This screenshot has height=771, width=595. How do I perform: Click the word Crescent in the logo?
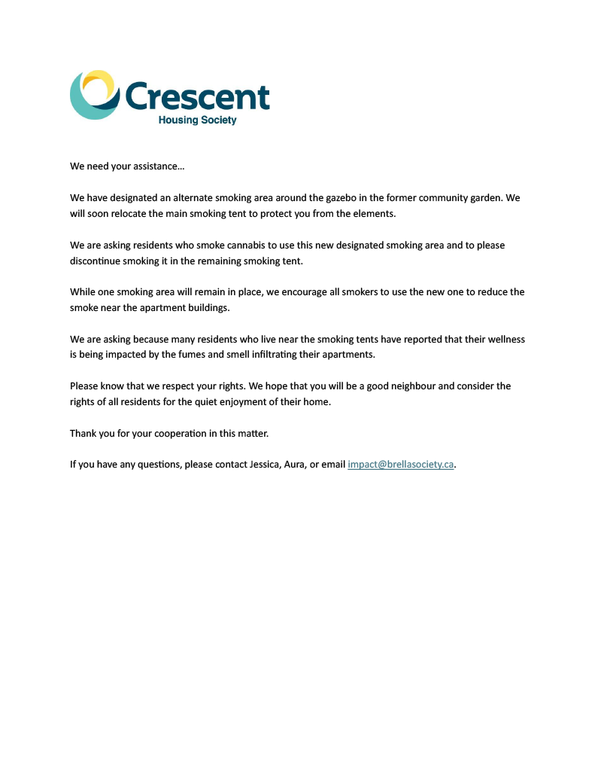point(197,96)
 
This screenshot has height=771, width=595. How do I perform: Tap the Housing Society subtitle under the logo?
point(197,120)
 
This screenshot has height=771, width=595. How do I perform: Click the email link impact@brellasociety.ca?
point(400,465)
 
